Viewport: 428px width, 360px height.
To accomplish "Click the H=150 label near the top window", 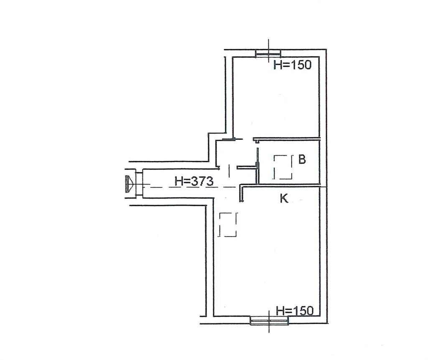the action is pos(292,65).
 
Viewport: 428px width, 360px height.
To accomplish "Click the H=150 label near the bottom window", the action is pos(295,311).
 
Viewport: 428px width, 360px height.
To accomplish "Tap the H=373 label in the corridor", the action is pos(194,181).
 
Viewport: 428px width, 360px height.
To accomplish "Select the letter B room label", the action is pos(302,159).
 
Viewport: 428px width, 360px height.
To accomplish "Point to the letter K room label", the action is pos(284,198).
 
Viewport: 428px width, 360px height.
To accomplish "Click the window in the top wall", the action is pos(268,53).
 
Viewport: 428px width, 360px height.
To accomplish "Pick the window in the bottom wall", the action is pos(269,321).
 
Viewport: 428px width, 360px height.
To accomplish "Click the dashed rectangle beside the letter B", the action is pos(283,167).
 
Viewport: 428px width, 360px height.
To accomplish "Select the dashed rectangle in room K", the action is pos(228,224).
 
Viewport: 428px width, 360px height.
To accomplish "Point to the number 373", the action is pos(202,181).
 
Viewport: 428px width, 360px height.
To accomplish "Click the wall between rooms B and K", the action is pos(281,185).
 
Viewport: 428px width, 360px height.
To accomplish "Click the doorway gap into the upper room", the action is pos(247,139).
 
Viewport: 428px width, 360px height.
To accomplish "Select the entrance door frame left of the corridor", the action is pos(139,184).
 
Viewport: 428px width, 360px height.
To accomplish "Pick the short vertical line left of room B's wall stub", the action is pos(229,171).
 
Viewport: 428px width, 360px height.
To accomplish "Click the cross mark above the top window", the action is pos(269,51).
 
